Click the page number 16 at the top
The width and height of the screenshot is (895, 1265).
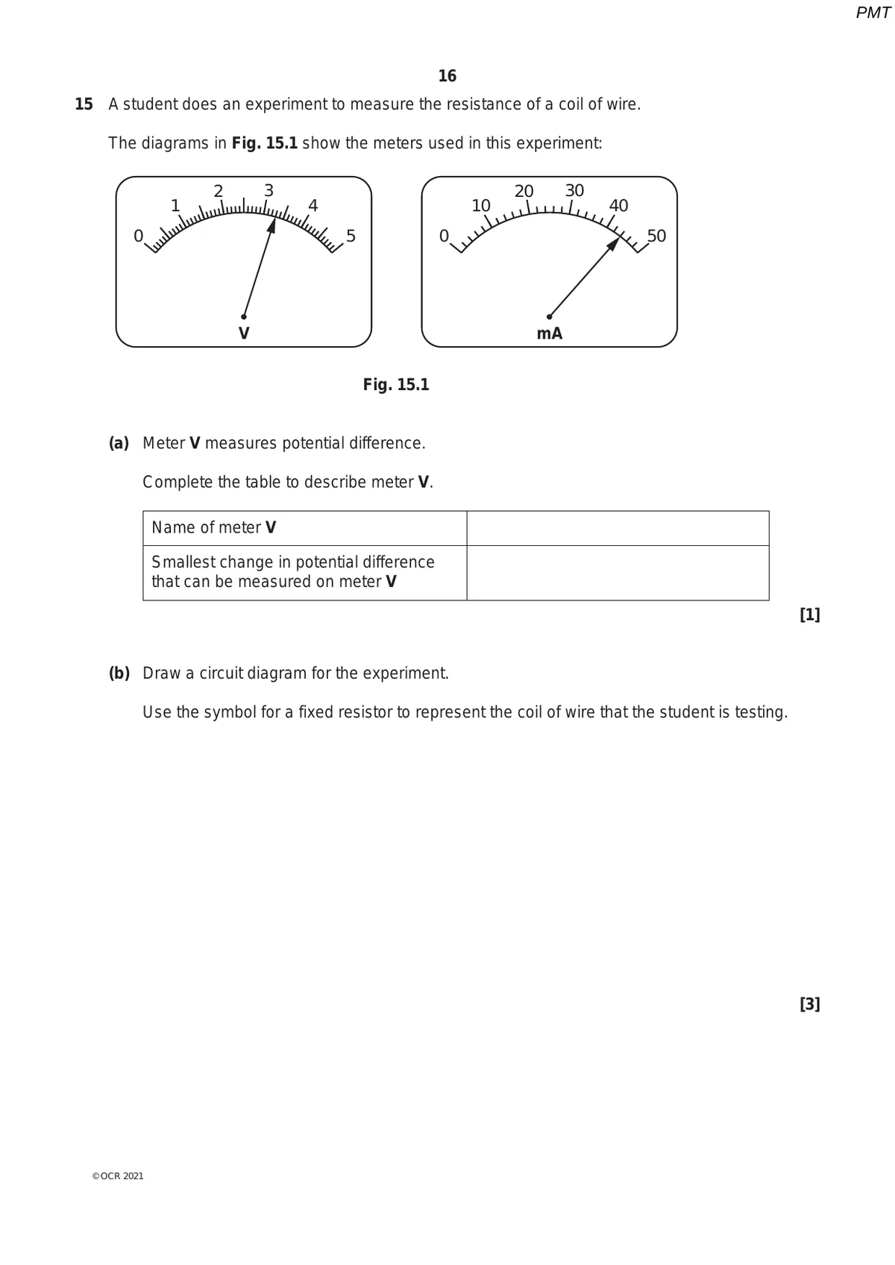(447, 76)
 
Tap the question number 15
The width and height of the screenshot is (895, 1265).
(84, 104)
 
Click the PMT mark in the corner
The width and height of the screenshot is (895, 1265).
(873, 13)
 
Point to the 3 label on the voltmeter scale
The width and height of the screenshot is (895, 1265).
(268, 190)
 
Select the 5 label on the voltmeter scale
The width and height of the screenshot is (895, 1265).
(351, 236)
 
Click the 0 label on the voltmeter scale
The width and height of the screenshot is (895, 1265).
(138, 236)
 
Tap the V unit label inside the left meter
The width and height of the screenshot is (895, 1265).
(244, 333)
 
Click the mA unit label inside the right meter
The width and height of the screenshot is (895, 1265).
(550, 333)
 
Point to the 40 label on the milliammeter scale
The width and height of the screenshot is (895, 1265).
(618, 205)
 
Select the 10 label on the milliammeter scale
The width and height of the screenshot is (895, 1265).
(481, 205)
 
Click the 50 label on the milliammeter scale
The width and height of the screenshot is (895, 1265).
(656, 236)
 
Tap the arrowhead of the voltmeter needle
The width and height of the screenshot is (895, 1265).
(272, 226)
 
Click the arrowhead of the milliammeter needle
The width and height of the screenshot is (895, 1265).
(614, 243)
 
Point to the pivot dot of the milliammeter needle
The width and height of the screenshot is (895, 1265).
(550, 316)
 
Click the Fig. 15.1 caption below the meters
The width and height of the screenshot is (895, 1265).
(396, 385)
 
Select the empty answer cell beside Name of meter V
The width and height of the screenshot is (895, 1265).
(618, 528)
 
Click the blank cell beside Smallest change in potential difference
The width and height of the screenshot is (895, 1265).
(618, 573)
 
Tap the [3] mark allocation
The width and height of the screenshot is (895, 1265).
(809, 1005)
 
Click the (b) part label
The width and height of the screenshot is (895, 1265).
(119, 674)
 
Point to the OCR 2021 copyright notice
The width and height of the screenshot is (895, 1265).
(118, 1176)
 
